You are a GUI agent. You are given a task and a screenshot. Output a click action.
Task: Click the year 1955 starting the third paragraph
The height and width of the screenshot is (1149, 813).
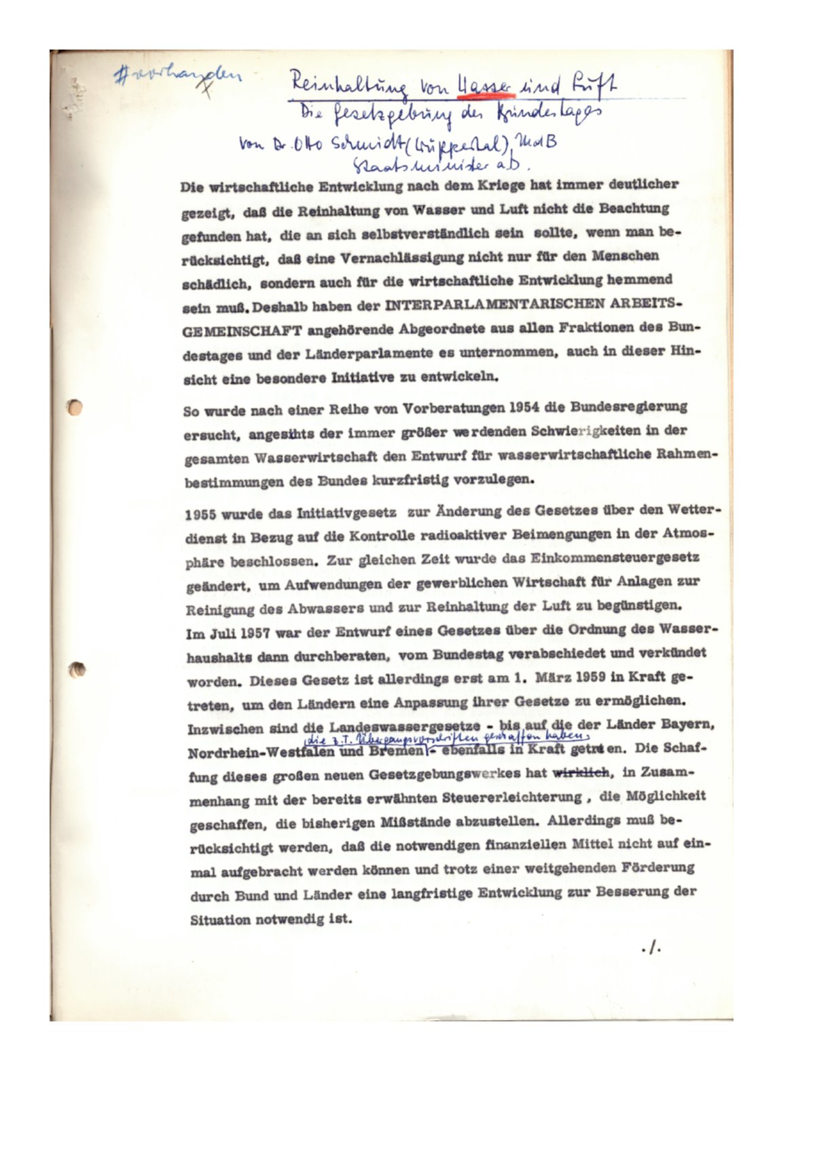coord(200,514)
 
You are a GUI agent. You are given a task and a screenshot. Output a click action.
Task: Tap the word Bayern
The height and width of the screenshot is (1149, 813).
coord(689,724)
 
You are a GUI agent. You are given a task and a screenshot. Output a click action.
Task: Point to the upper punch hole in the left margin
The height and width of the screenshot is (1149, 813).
coord(76,407)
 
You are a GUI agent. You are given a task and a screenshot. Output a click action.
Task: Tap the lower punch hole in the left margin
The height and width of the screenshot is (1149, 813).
coord(78,670)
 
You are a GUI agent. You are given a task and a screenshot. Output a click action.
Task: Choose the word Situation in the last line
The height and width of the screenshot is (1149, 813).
coord(221,920)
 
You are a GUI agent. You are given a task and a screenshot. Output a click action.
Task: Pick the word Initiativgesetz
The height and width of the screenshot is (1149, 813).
coord(347,513)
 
